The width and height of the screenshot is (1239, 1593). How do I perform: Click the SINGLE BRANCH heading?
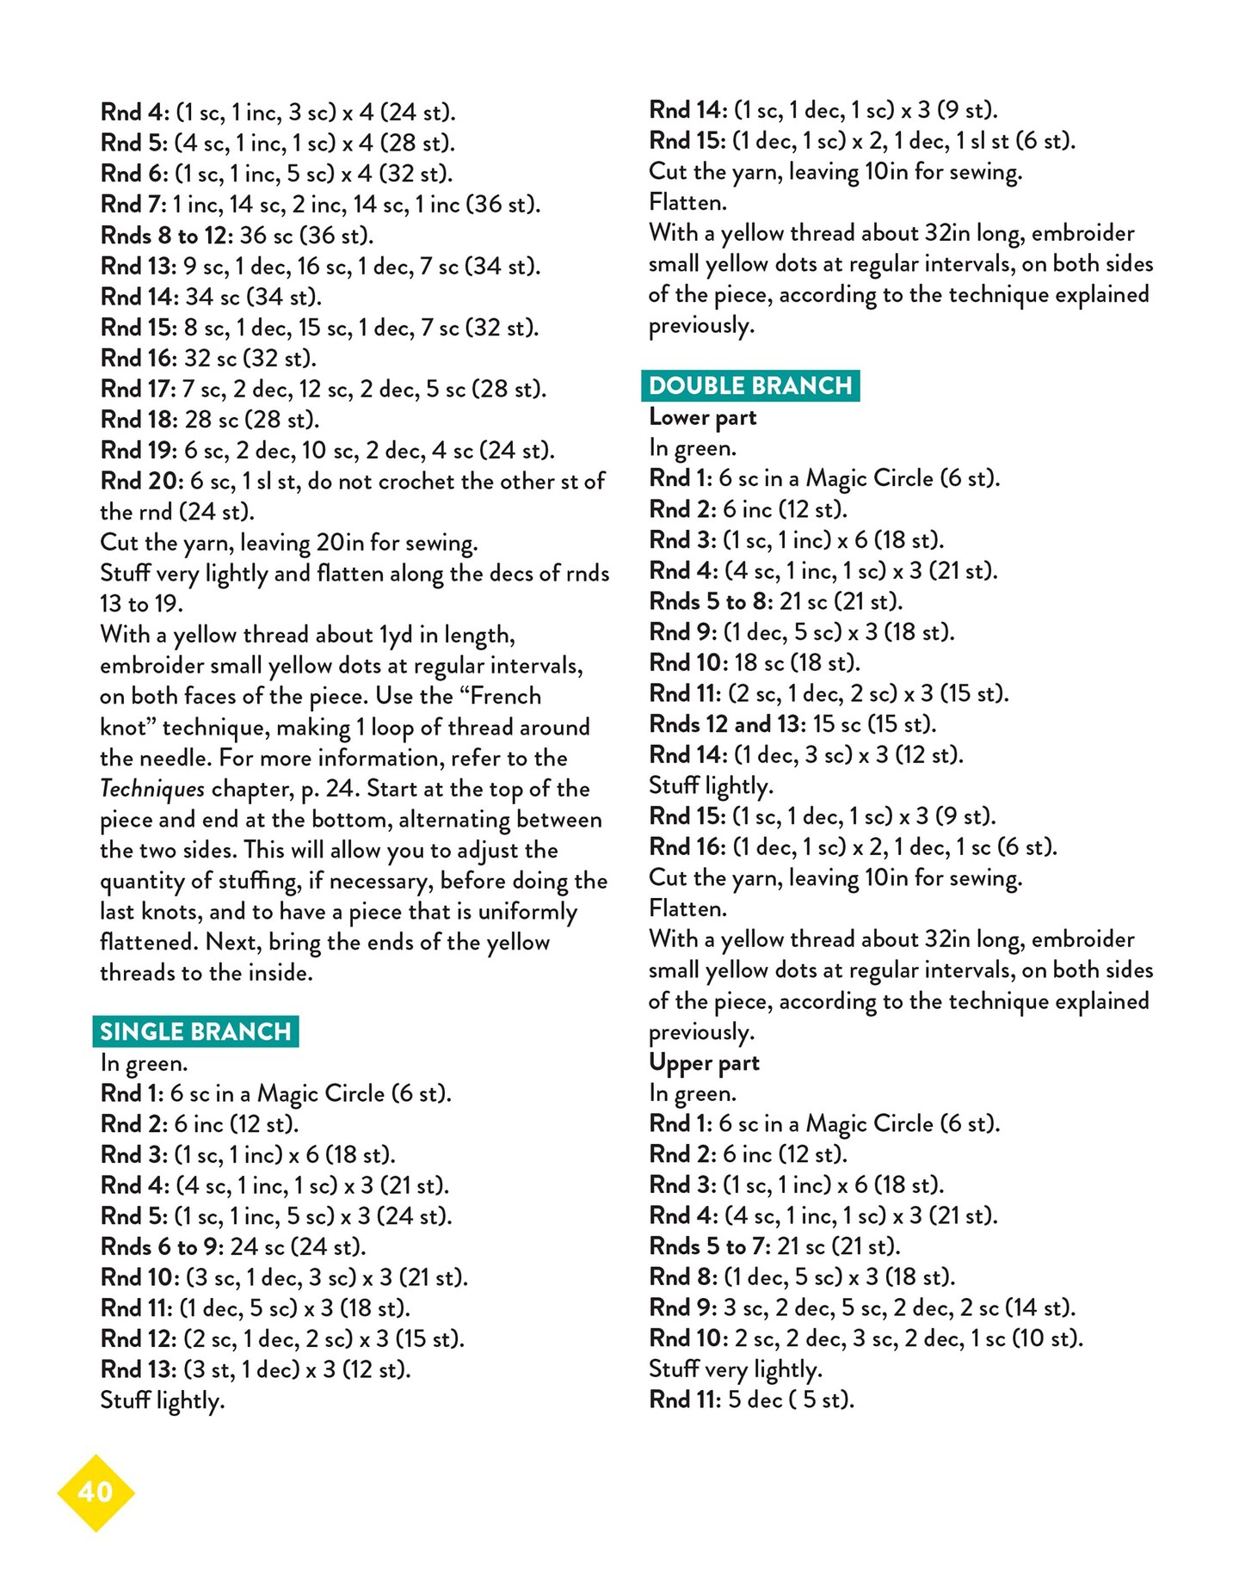(x=195, y=1031)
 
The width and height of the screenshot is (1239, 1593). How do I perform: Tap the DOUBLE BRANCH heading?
(x=750, y=385)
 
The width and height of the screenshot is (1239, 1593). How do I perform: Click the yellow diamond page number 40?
(x=96, y=1492)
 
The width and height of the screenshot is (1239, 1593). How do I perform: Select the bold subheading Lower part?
(x=703, y=417)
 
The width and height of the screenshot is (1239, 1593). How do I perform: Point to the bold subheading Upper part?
(x=704, y=1063)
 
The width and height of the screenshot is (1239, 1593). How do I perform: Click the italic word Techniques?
(x=152, y=789)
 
